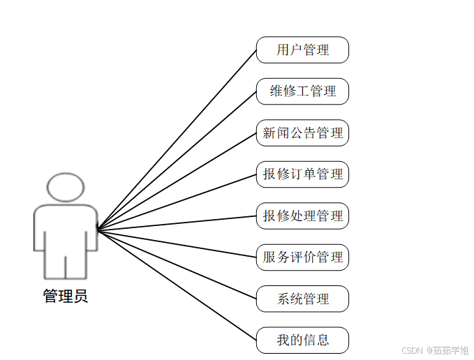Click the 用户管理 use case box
[x=302, y=50]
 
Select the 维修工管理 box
[x=302, y=91]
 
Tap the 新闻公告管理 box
[x=302, y=133]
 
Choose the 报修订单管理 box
[x=302, y=174]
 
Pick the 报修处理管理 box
[x=302, y=216]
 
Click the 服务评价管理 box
[x=302, y=257]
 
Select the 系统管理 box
[x=302, y=299]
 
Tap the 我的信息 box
[x=302, y=340]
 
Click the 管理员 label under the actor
[x=66, y=297]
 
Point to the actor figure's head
[x=66, y=187]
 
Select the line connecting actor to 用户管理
[x=177, y=140]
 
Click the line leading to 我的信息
[x=177, y=285]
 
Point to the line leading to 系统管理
[x=177, y=264]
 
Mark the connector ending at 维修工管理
[x=177, y=160]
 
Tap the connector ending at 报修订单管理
[x=177, y=202]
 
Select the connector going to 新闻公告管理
[x=177, y=181]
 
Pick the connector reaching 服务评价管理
[x=177, y=243]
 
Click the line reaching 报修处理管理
[x=177, y=223]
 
